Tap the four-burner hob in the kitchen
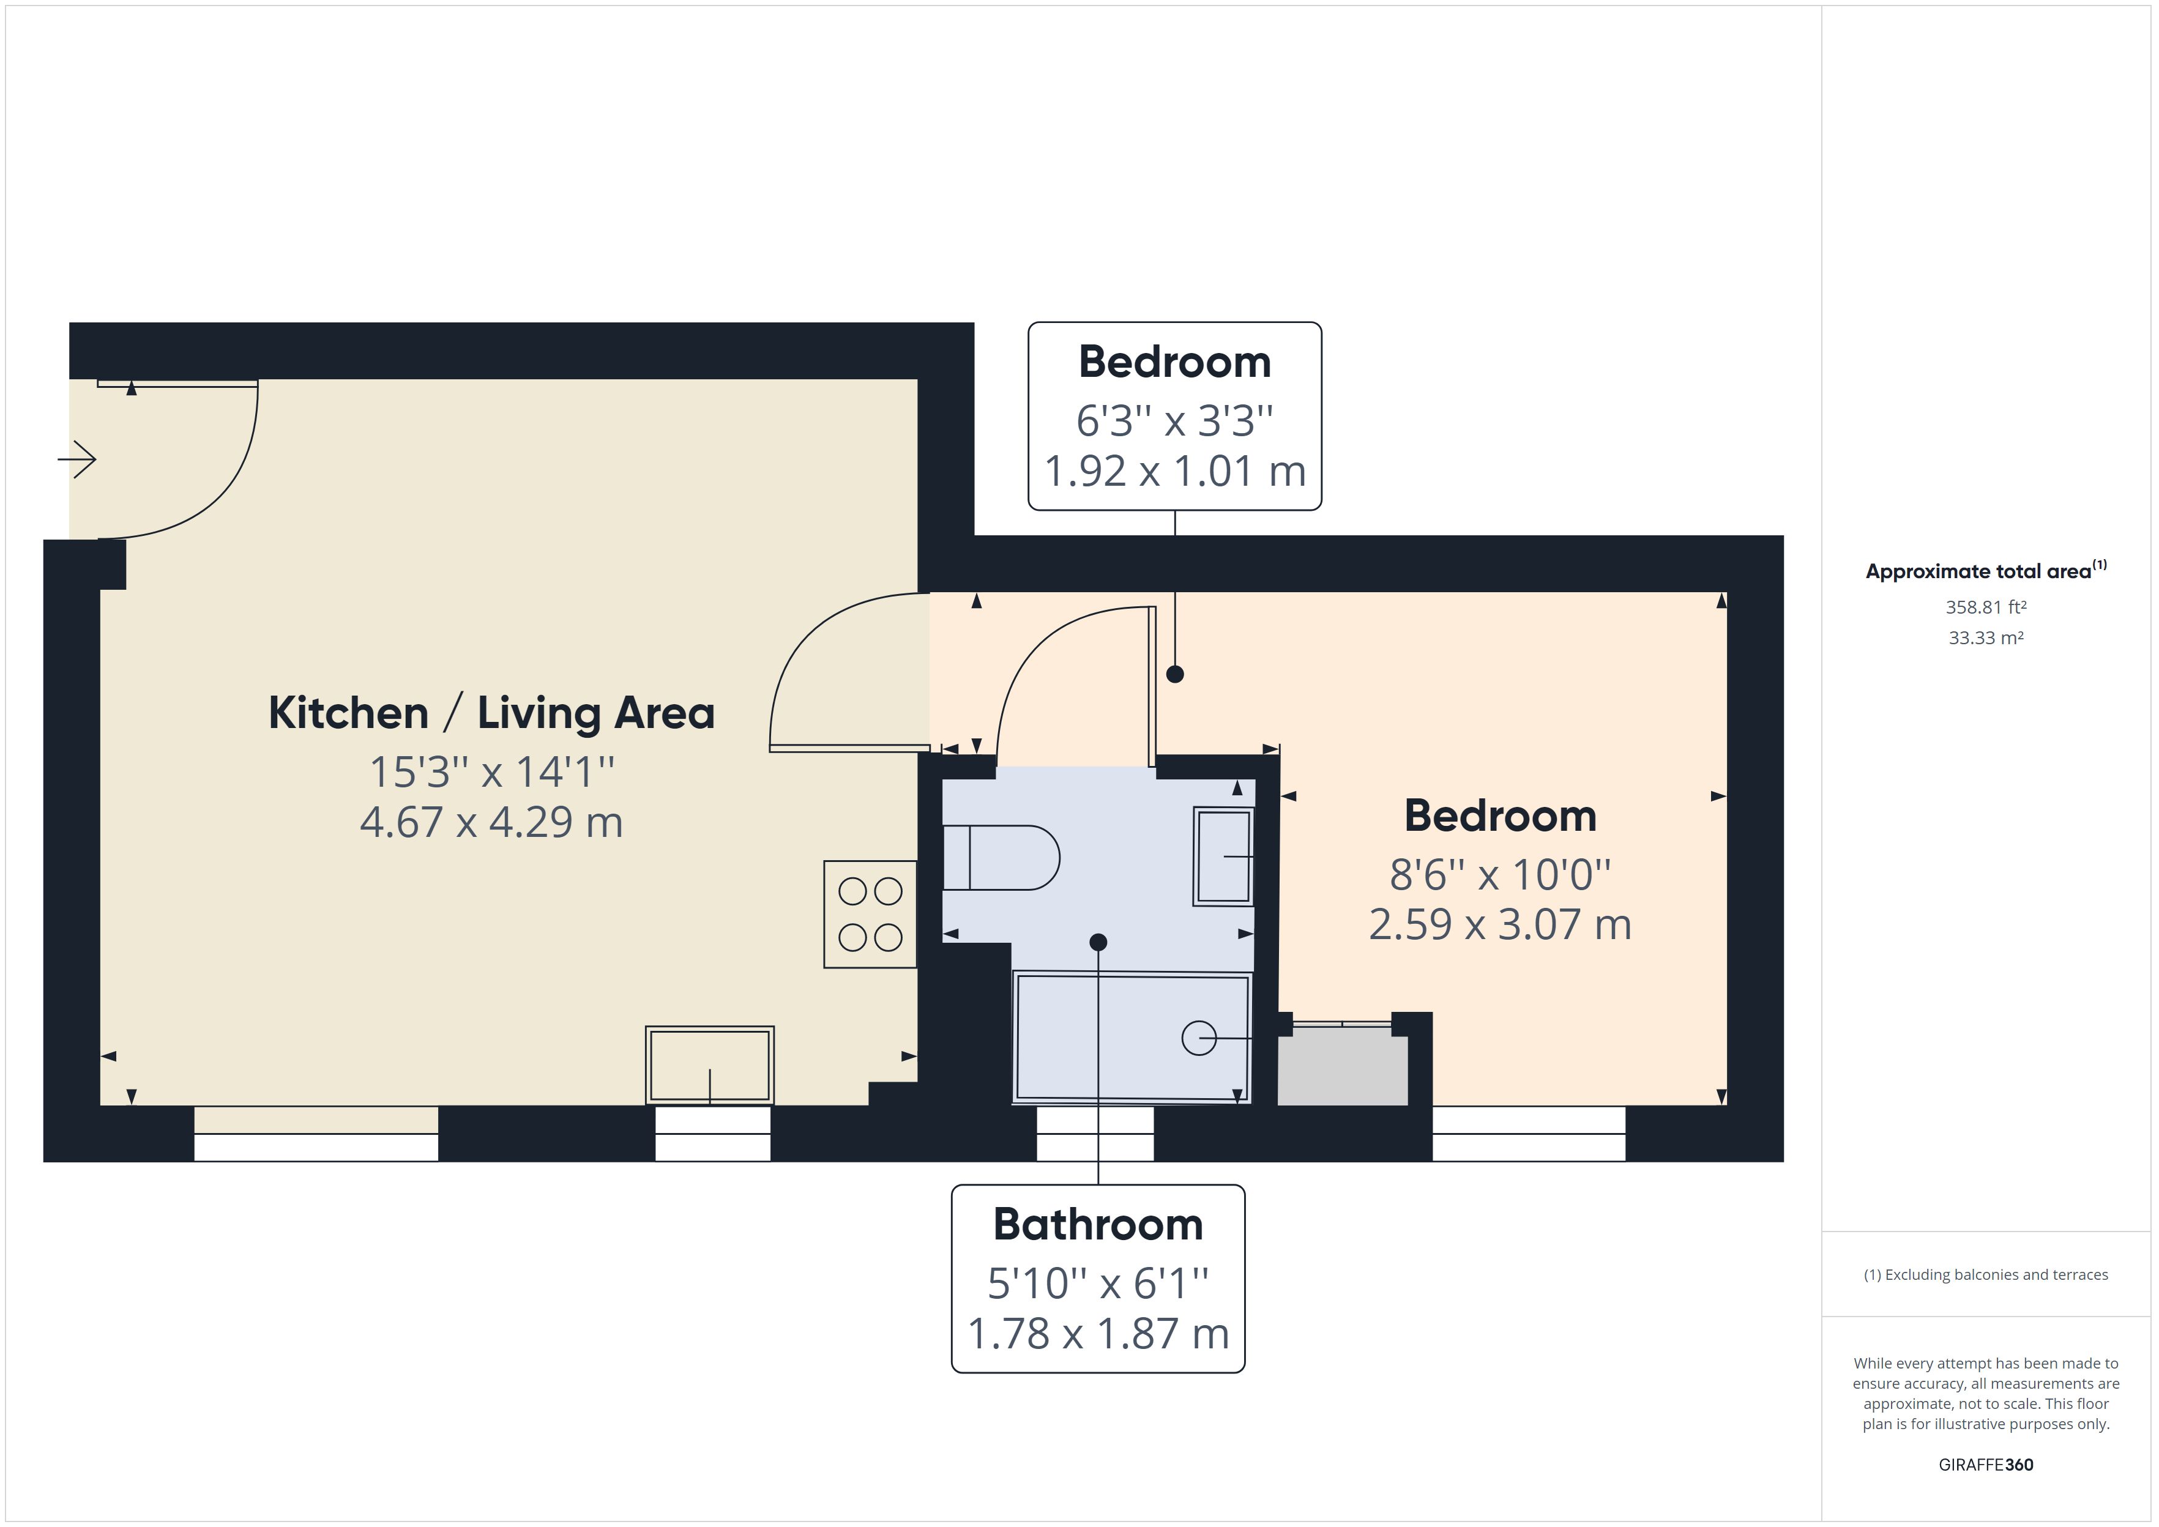(870, 914)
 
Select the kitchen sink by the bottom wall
(709, 1065)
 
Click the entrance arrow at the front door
(78, 460)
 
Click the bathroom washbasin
(1223, 856)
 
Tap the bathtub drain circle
(1198, 1038)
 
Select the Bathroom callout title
(1097, 1224)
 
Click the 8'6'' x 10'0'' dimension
(1500, 874)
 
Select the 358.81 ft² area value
(1985, 607)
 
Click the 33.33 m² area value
(1985, 637)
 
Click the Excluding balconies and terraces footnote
(1985, 1275)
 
